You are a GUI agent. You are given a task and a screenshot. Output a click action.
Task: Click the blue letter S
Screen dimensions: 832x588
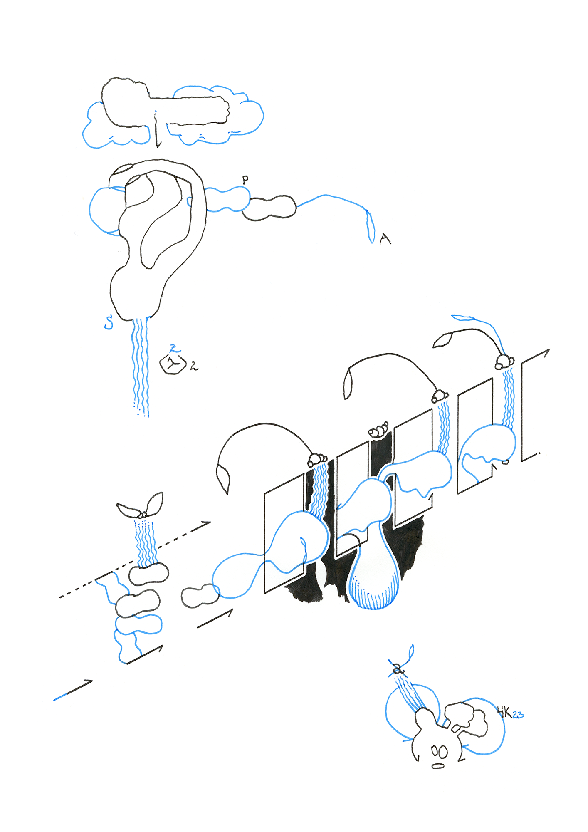click(x=109, y=322)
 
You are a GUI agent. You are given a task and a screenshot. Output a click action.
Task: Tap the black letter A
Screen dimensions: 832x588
click(x=385, y=238)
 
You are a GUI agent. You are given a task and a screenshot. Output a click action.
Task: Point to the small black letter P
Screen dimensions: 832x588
click(x=245, y=179)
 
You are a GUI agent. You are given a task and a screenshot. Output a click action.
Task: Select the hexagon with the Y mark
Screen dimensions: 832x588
click(x=172, y=365)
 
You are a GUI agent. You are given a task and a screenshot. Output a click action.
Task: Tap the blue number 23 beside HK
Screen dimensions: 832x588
click(x=518, y=716)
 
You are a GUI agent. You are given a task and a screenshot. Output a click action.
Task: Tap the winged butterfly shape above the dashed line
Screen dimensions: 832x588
click(x=141, y=506)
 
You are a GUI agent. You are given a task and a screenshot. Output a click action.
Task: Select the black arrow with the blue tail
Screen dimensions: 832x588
click(x=73, y=691)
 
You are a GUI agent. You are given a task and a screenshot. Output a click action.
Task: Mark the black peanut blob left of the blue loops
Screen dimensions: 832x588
click(x=200, y=597)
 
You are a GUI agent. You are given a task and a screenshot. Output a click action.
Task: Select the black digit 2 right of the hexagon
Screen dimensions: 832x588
click(x=194, y=366)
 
